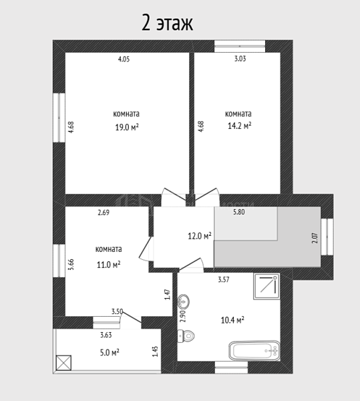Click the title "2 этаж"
tap(168, 23)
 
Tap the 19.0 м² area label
tap(127, 127)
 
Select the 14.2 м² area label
tap(239, 126)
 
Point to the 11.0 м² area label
tap(109, 265)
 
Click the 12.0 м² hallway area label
tap(200, 236)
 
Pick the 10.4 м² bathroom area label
tap(232, 320)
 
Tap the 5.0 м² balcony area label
tap(110, 353)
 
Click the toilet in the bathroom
tap(186, 336)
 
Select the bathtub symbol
tap(254, 351)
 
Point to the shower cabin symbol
tap(266, 286)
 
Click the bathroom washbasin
tap(184, 301)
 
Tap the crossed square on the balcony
tap(63, 363)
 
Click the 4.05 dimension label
tap(124, 59)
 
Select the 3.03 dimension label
tap(240, 59)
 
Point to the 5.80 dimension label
tap(239, 212)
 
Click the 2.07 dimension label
tap(315, 237)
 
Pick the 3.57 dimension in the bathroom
tap(224, 279)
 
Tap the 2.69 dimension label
tap(104, 213)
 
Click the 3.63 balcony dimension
tap(106, 335)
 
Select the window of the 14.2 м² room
tap(240, 46)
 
